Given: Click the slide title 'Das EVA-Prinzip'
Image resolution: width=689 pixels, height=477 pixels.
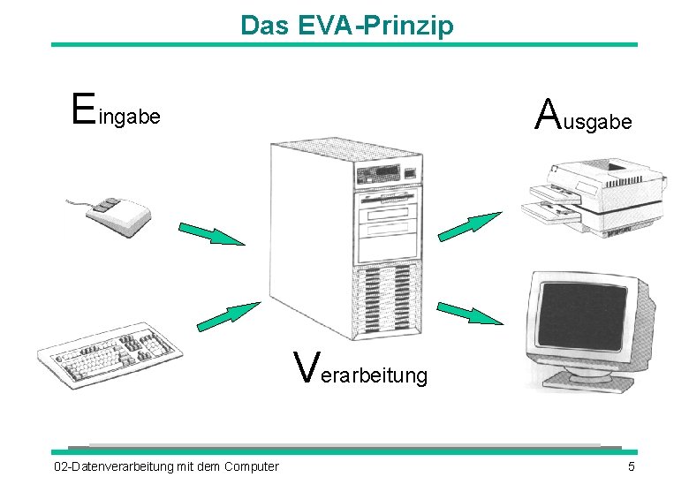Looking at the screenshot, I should click(346, 25).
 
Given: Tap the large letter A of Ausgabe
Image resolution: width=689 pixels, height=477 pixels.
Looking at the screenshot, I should click(549, 113).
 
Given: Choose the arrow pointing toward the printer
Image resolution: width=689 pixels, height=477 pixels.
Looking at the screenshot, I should click(470, 226).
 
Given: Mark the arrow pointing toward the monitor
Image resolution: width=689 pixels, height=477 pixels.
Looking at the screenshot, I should click(470, 313).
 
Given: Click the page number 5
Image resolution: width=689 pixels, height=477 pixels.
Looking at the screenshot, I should click(631, 466).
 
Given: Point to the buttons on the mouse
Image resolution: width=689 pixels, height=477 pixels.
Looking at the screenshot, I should click(105, 205).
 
